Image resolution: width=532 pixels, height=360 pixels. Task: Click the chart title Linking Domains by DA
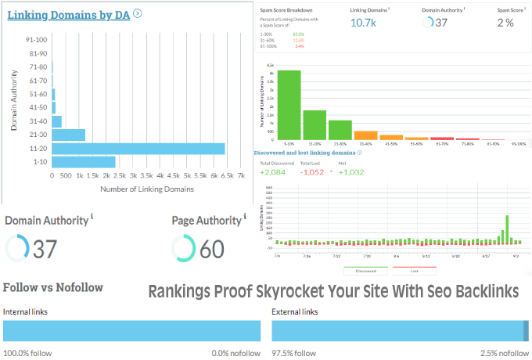coord(68,13)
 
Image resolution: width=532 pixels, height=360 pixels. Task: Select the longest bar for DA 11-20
coord(138,149)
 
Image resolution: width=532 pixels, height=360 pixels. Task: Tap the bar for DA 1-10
coord(84,162)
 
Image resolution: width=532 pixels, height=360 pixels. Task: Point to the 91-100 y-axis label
coord(37,40)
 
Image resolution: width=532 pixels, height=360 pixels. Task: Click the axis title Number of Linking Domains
coord(148,189)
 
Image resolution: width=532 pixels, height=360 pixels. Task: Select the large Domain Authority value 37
coord(45,249)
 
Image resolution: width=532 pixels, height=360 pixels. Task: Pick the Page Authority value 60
coord(211,249)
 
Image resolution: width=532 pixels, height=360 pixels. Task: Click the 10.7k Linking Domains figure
coord(363,22)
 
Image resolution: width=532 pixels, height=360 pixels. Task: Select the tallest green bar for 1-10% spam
coord(289,104)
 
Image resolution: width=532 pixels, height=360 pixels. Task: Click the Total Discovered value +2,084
coord(274,171)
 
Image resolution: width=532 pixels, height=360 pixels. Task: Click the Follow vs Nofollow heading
coord(53,287)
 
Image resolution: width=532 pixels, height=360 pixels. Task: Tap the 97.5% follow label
coord(293,353)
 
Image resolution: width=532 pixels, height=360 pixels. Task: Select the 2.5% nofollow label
coord(505,353)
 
